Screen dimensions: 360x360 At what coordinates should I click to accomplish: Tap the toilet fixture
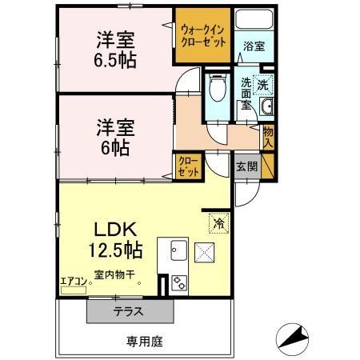coord(216,88)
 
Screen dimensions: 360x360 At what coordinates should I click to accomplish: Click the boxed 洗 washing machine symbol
coord(263,83)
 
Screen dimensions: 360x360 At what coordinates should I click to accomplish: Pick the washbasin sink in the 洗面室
coord(266,107)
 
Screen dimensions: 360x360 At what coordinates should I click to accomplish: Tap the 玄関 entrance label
coord(246,166)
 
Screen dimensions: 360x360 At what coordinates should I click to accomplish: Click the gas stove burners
coord(178,282)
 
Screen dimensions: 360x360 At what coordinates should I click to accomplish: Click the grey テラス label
coord(128,312)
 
